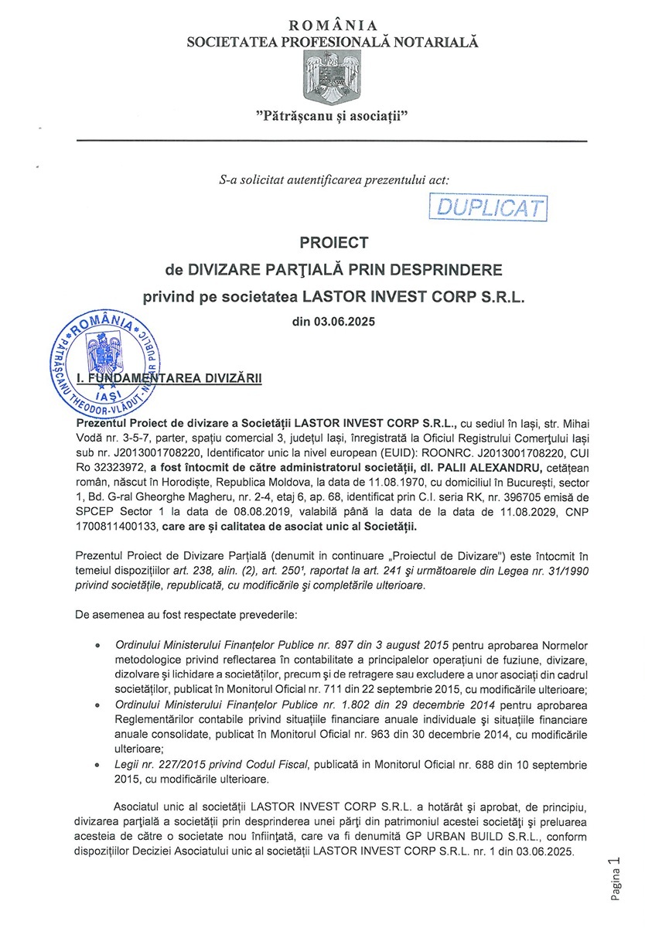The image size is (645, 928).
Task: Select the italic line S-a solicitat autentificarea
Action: point(334,179)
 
